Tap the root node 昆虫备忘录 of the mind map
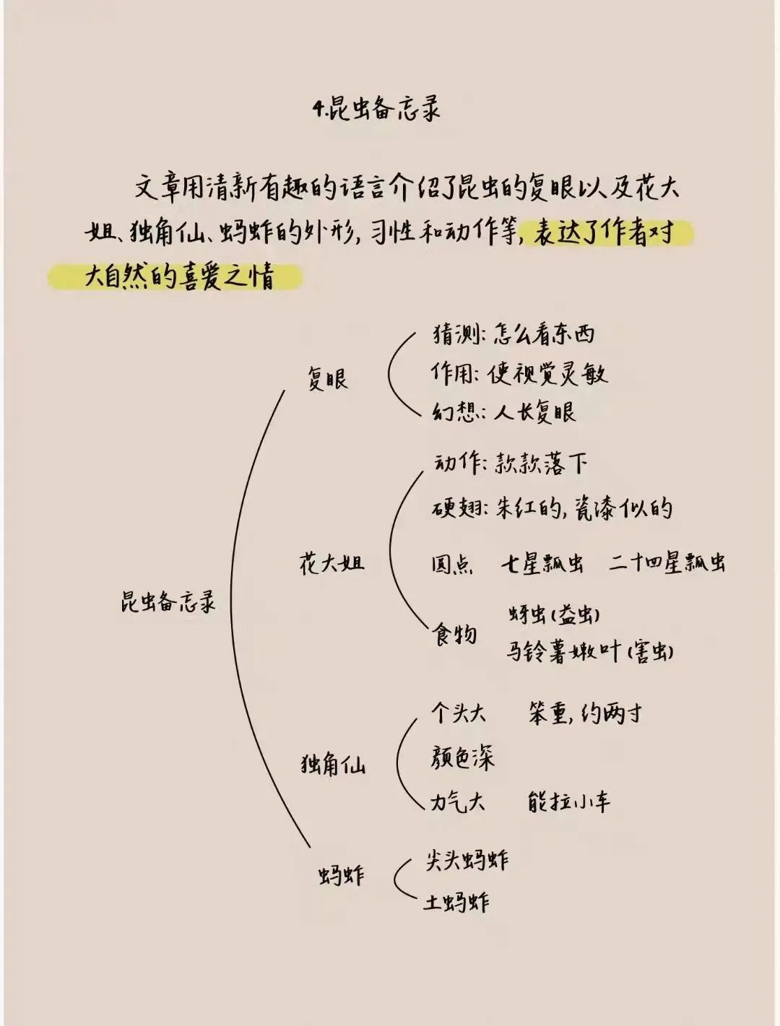click(x=168, y=601)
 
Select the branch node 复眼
click(x=327, y=378)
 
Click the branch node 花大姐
click(x=331, y=563)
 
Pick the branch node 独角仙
click(x=333, y=764)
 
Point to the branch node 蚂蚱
click(x=341, y=876)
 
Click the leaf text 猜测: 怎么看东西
click(x=513, y=334)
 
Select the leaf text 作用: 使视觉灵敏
click(x=519, y=373)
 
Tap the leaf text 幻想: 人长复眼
click(x=504, y=412)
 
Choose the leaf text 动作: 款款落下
click(x=510, y=464)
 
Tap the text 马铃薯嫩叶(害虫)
click(x=590, y=651)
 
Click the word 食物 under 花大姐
click(x=454, y=635)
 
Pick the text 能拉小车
click(x=569, y=801)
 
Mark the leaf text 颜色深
click(x=462, y=758)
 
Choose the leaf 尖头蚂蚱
click(x=467, y=859)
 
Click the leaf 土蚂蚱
click(x=456, y=902)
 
